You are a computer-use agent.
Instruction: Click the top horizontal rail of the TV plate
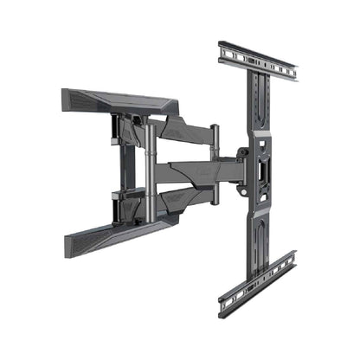257,60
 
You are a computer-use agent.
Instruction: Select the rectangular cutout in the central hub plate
261,170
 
